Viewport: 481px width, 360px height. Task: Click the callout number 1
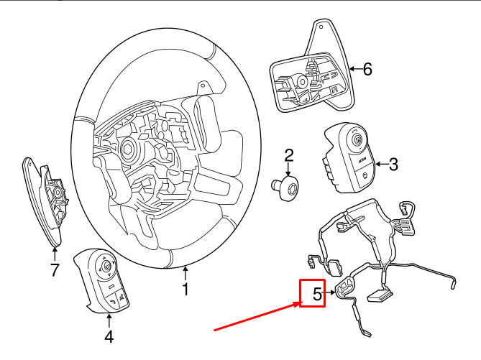tap(185, 290)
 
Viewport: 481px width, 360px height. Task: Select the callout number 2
tap(289, 155)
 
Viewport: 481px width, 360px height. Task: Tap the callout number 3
tap(393, 165)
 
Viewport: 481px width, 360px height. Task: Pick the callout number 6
tap(367, 69)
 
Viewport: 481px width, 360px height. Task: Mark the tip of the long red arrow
tap(300, 304)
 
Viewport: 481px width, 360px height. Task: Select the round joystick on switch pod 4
tap(106, 267)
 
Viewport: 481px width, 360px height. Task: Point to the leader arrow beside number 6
tap(354, 70)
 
